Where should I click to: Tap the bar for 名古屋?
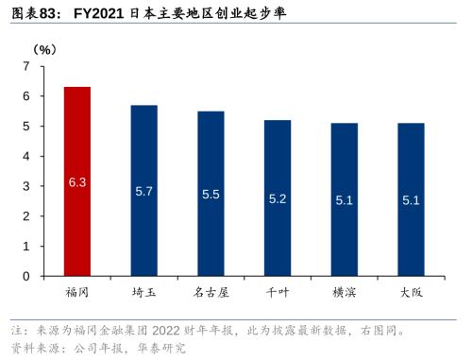(211, 194)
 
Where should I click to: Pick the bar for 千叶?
(278, 198)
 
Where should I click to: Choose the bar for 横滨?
(345, 200)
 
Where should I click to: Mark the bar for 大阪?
(411, 200)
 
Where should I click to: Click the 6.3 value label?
(77, 180)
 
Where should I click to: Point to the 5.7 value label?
(143, 191)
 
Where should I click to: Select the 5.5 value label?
(211, 194)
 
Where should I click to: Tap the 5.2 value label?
(278, 198)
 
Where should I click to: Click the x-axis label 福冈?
(77, 293)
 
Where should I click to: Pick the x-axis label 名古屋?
(211, 293)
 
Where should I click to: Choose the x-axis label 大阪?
(411, 293)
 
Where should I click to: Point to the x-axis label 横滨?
(345, 293)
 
